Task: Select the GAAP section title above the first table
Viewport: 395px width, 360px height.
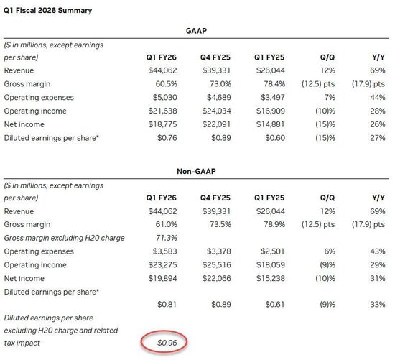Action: click(x=197, y=31)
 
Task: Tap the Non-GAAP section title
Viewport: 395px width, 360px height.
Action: click(x=197, y=172)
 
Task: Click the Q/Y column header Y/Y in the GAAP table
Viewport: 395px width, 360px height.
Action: click(x=376, y=57)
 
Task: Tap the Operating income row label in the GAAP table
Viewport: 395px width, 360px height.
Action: click(x=34, y=111)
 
